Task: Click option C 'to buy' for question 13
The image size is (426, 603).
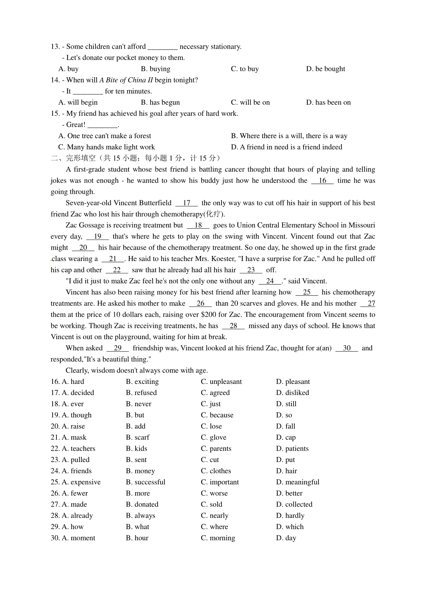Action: point(245,69)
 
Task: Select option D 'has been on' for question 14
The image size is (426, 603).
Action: point(328,103)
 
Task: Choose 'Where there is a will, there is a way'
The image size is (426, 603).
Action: point(289,136)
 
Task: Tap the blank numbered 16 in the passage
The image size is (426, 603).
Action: point(322,181)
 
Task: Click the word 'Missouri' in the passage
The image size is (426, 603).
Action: point(362,226)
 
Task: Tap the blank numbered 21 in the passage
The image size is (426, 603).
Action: point(113,259)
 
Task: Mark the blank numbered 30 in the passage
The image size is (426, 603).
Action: point(346,348)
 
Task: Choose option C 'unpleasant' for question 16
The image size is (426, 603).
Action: point(221,382)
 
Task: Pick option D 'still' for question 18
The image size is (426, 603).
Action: point(286,404)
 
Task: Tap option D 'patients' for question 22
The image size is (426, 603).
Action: point(292,449)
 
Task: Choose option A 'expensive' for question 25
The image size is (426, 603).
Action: point(81,482)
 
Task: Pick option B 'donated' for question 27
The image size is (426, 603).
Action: point(142,505)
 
